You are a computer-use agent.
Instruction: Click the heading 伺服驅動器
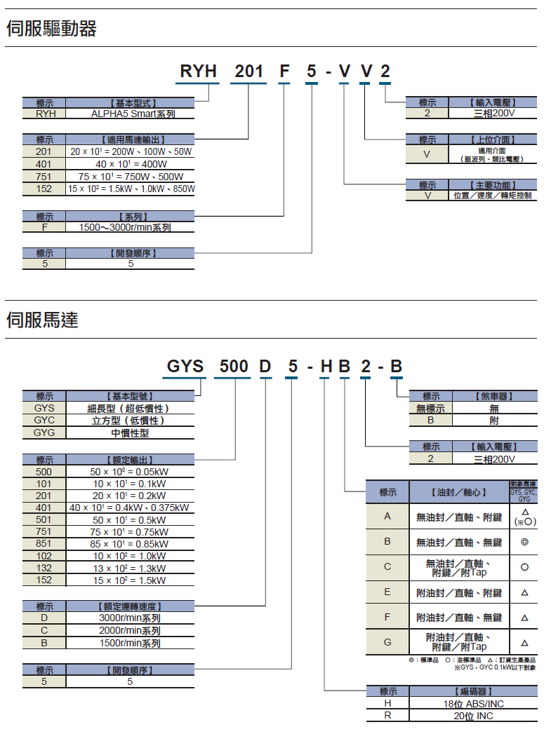[x=51, y=29]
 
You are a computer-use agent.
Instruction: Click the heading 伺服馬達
[x=42, y=320]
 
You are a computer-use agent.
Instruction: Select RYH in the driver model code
[x=199, y=72]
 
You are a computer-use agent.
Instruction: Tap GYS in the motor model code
[x=185, y=367]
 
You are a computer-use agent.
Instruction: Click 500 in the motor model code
[x=234, y=367]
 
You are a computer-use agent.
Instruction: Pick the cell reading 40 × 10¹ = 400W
[x=131, y=164]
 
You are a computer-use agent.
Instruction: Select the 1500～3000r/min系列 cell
[x=129, y=227]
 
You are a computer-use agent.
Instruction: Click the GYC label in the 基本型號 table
[x=44, y=420]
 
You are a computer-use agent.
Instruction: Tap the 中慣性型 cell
[x=130, y=433]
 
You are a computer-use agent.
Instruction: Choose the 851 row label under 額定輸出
[x=44, y=543]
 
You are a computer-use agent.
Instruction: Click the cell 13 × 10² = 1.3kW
[x=129, y=568]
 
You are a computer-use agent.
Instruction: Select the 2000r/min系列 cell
[x=129, y=630]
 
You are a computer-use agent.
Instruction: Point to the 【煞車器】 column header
[x=494, y=396]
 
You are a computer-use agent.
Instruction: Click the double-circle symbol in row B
[x=524, y=542]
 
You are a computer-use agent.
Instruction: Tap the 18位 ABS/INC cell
[x=473, y=704]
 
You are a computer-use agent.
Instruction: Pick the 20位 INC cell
[x=473, y=716]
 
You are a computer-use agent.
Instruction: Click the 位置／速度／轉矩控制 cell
[x=493, y=196]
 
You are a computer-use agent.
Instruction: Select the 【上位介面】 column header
[x=493, y=140]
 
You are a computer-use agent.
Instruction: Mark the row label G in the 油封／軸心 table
[x=387, y=642]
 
